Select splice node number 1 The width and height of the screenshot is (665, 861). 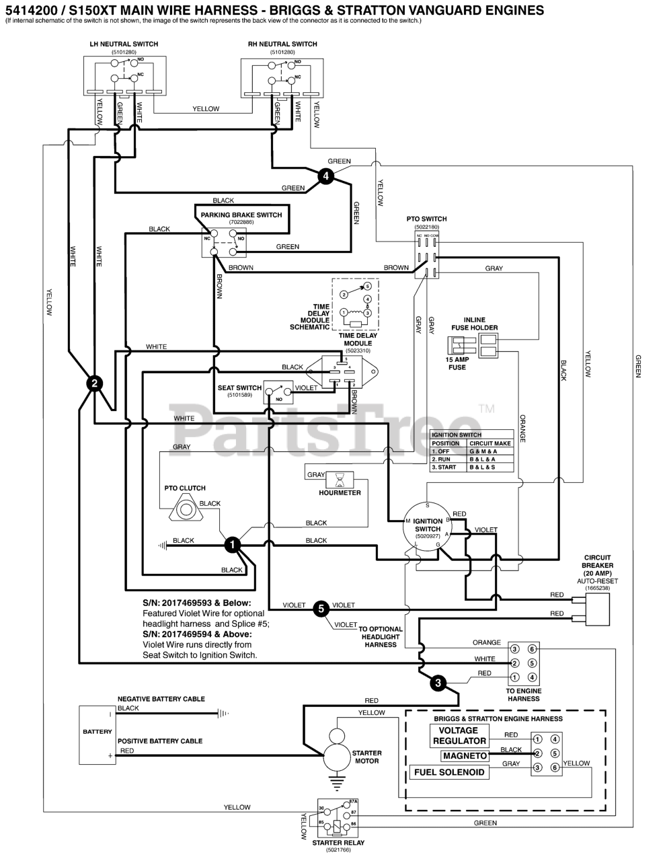pos(232,545)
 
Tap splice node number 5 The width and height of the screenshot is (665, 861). pos(321,609)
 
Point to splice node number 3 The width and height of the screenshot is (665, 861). pos(438,683)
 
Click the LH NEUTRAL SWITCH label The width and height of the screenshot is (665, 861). pos(124,44)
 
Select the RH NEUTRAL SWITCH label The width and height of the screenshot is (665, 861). pos(282,44)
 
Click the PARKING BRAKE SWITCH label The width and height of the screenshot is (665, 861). pos(241,215)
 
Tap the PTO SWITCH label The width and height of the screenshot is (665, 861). pos(426,219)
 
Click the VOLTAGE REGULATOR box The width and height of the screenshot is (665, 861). pos(458,736)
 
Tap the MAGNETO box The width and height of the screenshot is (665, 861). pos(465,756)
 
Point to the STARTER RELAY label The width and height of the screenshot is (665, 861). pos(338,843)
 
